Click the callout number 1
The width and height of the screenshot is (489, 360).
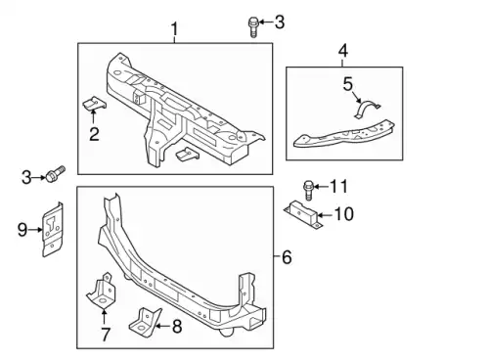[x=175, y=29]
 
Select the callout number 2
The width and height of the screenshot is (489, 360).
[x=94, y=134]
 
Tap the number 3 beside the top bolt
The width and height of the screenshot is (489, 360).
[x=280, y=22]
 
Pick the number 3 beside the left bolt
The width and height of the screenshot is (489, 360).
[x=26, y=178]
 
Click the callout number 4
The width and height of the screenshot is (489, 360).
[x=343, y=51]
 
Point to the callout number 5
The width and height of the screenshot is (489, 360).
[x=348, y=84]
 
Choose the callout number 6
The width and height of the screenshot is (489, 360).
[x=287, y=257]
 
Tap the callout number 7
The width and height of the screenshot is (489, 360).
[x=105, y=335]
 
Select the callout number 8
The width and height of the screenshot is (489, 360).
[x=177, y=326]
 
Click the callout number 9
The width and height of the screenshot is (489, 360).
[x=22, y=230]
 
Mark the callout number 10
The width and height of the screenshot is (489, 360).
[x=344, y=214]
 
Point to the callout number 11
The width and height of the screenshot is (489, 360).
[x=339, y=187]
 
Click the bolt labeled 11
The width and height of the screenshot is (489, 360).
[x=308, y=190]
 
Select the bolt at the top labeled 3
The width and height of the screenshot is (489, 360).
[x=253, y=27]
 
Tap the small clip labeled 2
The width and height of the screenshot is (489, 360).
[x=94, y=103]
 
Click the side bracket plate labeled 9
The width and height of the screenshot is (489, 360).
[x=52, y=230]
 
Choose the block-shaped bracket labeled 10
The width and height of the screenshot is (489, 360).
[x=303, y=214]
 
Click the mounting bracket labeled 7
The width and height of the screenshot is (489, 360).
[x=102, y=291]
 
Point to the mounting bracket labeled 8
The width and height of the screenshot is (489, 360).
[x=145, y=322]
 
